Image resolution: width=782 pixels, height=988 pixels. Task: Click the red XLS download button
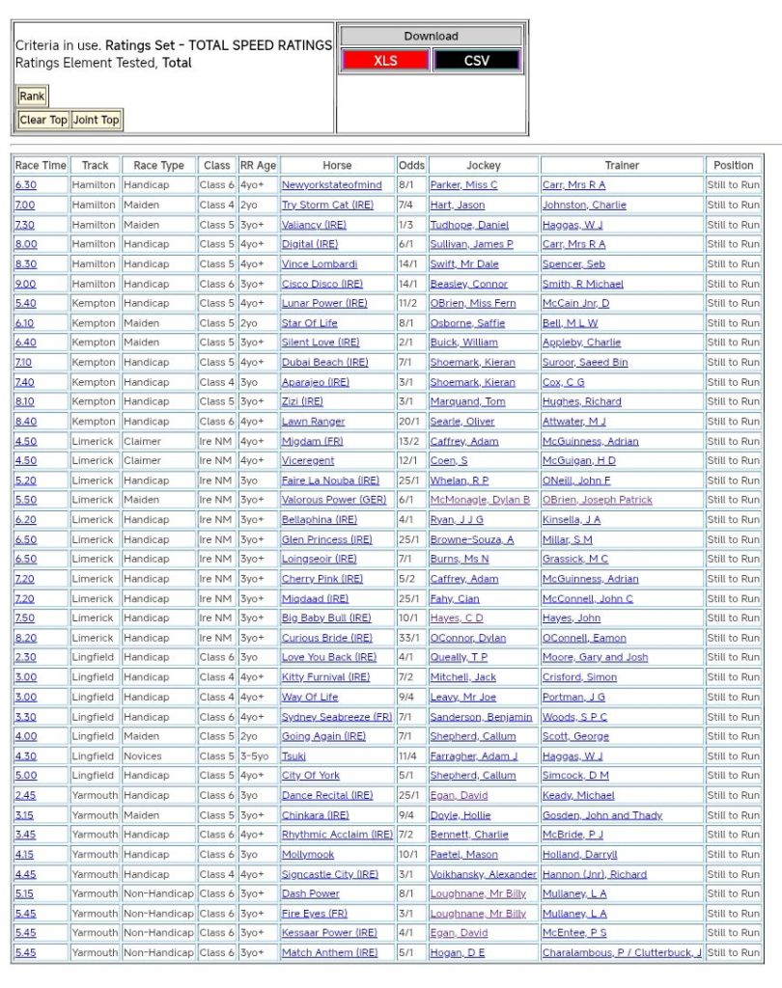(385, 60)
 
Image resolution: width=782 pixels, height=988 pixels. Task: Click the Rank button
(32, 96)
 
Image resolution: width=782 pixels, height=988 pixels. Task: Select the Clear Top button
(43, 120)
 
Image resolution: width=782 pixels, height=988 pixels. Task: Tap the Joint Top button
(96, 120)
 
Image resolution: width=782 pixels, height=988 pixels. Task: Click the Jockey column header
(484, 165)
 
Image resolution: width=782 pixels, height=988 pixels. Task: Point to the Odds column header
(411, 165)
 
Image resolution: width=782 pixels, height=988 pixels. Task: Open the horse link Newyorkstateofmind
(331, 185)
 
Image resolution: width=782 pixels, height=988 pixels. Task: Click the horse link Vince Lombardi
(319, 264)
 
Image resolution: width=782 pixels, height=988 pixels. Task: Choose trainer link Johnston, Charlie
(583, 205)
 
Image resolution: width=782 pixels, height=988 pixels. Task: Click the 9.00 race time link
(24, 284)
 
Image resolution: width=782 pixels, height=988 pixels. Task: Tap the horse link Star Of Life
(310, 323)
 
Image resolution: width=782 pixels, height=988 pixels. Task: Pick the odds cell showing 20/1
(411, 422)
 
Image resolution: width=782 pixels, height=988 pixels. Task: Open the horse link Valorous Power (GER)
(333, 500)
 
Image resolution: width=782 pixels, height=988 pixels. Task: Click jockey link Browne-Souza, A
(472, 539)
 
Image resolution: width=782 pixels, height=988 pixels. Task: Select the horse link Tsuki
(293, 756)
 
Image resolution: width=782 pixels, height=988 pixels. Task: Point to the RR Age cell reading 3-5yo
(258, 756)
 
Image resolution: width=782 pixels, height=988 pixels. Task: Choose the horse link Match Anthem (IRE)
(329, 953)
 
